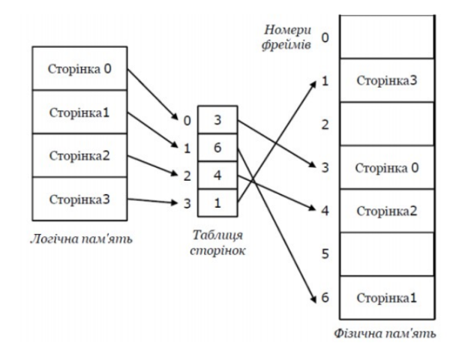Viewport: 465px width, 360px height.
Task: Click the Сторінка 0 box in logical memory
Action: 79,68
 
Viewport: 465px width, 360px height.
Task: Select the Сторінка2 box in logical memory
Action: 79,155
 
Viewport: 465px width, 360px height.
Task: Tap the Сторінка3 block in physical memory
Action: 387,80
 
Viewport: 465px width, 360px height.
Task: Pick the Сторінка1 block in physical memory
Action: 387,298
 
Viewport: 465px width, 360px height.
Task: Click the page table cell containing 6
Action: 217,148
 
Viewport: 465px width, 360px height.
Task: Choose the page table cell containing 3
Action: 217,120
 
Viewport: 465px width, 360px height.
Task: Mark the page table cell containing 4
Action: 217,175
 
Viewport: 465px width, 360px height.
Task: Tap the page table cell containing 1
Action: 217,202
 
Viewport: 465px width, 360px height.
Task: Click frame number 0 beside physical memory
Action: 325,37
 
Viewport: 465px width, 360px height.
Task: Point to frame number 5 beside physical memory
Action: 325,254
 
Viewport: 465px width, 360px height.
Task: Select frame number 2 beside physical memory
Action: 325,124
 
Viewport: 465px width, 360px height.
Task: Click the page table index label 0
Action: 187,121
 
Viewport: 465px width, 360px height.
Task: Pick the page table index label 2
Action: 187,175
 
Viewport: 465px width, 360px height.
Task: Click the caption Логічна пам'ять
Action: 82,238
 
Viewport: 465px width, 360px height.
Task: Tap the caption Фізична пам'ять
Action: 385,333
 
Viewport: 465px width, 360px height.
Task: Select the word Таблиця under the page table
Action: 217,235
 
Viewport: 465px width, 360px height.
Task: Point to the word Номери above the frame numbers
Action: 287,30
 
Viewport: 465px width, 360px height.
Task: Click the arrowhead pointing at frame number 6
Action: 316,299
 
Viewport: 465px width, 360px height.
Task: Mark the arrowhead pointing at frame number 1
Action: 313,83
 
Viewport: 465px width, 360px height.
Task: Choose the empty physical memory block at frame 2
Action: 387,124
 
